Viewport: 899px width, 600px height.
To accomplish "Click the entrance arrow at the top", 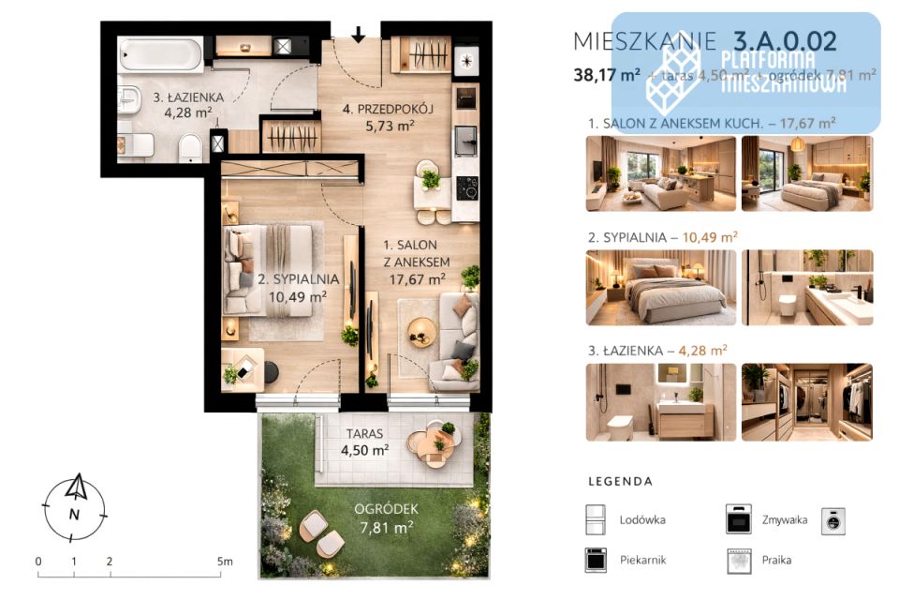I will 359,36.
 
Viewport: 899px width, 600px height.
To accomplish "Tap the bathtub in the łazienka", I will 160,54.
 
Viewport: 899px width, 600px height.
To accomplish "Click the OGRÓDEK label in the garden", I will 386,509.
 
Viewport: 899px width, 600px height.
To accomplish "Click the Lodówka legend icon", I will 596,518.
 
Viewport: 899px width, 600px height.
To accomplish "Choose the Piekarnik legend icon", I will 596,560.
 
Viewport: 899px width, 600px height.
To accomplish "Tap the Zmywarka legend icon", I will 739,518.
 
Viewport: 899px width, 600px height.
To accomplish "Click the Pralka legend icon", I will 739,560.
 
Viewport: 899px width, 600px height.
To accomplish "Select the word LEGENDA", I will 620,482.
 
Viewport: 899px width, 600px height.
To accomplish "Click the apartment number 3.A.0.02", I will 785,41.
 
